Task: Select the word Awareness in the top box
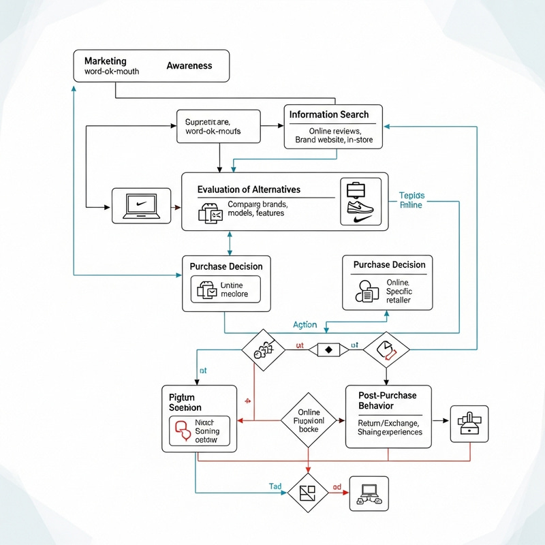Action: (189, 66)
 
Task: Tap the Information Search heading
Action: (328, 114)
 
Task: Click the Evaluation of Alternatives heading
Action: (249, 189)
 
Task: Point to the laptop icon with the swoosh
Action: (142, 205)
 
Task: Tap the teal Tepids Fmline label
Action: (411, 199)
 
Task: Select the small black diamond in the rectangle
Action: (328, 349)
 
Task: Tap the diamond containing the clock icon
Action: (386, 349)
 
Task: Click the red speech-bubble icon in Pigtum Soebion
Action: (182, 430)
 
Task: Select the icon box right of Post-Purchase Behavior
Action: (470, 424)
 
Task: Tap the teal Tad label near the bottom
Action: (275, 486)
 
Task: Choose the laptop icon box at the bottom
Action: (369, 494)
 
